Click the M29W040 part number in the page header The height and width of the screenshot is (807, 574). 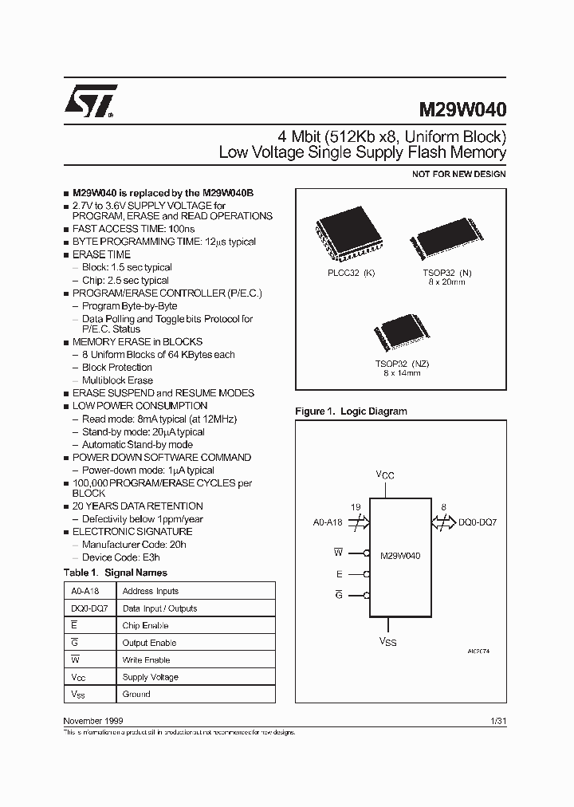(462, 108)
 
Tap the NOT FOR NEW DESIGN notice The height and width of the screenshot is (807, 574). (458, 174)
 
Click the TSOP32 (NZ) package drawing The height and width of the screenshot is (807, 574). (401, 335)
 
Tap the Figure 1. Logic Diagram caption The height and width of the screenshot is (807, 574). (351, 411)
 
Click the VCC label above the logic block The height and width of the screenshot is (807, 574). (385, 475)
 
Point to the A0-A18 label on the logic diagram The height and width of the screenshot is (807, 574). (328, 522)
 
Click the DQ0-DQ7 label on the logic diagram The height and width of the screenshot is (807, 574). (478, 522)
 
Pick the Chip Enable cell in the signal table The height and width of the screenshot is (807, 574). (145, 625)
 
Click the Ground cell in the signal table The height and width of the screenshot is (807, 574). (136, 694)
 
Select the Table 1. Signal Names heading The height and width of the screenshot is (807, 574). (115, 573)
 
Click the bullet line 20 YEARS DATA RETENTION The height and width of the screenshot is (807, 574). (137, 506)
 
